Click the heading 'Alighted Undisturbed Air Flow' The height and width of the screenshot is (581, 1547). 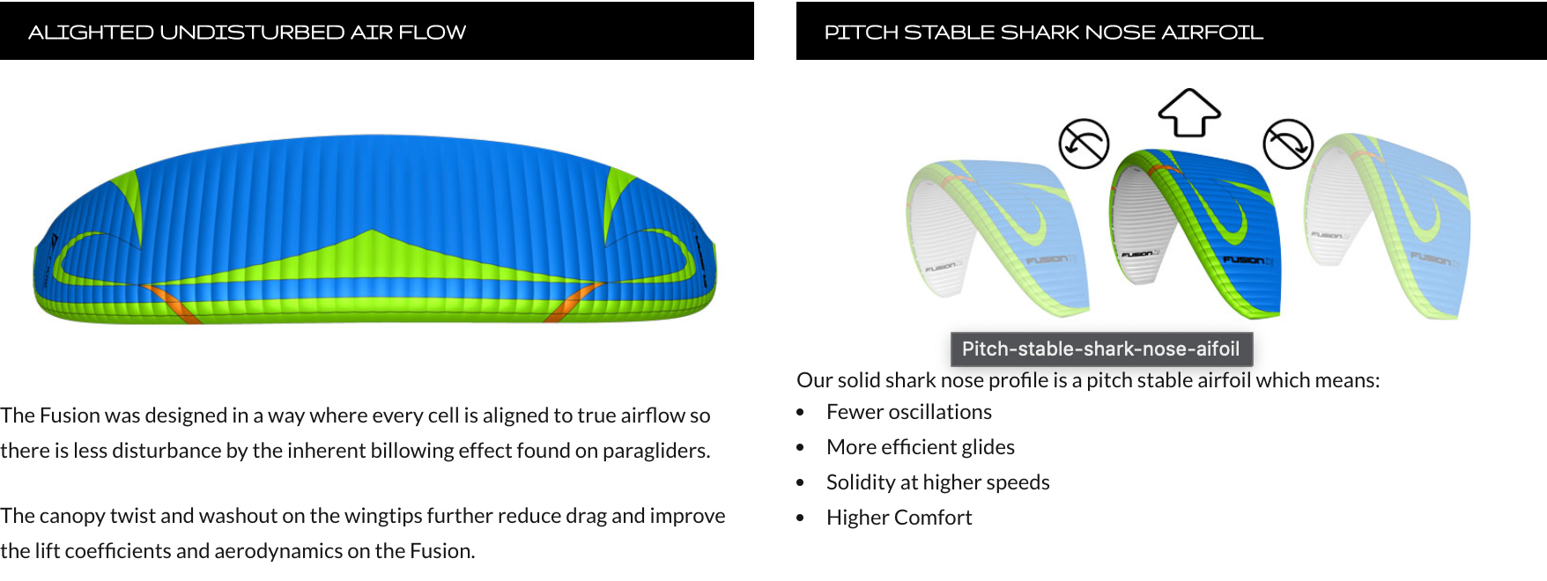pyautogui.click(x=248, y=33)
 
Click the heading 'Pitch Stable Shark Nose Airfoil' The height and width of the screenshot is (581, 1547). pyautogui.click(x=1044, y=33)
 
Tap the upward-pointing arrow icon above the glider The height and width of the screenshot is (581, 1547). pyautogui.click(x=1189, y=113)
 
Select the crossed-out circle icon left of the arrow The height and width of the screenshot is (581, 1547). pyautogui.click(x=1084, y=143)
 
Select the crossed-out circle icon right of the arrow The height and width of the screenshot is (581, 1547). pyautogui.click(x=1288, y=143)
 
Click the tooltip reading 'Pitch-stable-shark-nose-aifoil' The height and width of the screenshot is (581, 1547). pyautogui.click(x=1101, y=349)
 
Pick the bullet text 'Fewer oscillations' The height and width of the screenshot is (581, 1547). pyautogui.click(x=909, y=412)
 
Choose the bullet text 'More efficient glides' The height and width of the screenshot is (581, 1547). pyautogui.click(x=921, y=447)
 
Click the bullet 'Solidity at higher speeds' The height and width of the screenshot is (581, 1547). pyautogui.click(x=938, y=482)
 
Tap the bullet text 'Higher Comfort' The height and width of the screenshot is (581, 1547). pyautogui.click(x=899, y=518)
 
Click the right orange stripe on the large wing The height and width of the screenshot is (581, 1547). pyautogui.click(x=573, y=303)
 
